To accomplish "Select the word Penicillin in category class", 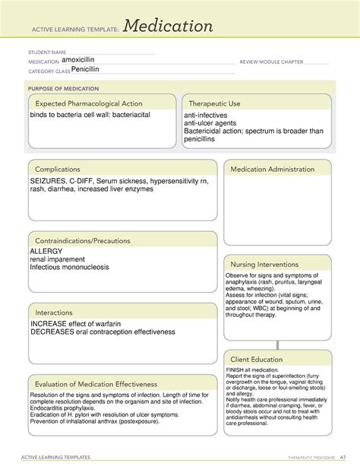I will pyautogui.click(x=85, y=69).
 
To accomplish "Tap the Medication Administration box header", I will pyautogui.click(x=272, y=169).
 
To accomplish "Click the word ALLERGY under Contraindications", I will pyautogui.click(x=46, y=251).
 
